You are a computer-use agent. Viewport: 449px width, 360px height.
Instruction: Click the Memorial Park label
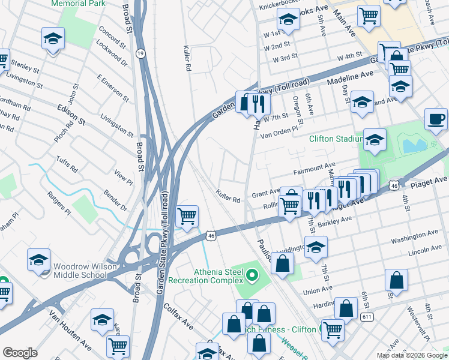tap(79, 4)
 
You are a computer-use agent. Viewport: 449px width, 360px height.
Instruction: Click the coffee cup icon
tap(436, 118)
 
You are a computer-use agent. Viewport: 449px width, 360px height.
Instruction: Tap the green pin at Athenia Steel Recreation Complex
tap(252, 276)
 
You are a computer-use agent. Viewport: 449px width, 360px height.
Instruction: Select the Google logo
tap(20, 352)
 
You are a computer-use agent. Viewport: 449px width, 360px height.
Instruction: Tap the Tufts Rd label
tap(67, 164)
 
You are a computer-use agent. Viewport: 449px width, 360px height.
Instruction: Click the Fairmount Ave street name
tap(314, 169)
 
